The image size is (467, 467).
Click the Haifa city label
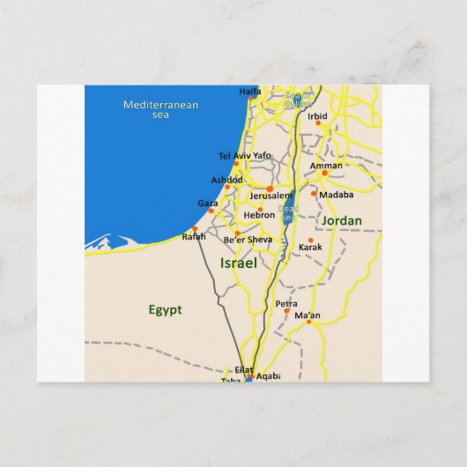click(250, 91)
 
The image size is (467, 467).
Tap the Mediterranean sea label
click(160, 109)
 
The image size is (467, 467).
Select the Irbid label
click(317, 116)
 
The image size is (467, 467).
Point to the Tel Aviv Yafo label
click(244, 156)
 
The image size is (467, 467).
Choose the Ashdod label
click(226, 179)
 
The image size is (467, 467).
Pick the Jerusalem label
click(271, 195)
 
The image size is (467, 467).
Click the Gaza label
click(208, 203)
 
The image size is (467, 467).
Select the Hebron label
click(260, 214)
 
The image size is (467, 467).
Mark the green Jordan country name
click(342, 220)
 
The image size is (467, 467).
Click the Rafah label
click(193, 236)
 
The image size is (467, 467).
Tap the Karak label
click(310, 248)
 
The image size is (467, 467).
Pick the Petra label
click(285, 304)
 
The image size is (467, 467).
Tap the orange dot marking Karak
click(310, 240)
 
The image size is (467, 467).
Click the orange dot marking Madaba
click(314, 193)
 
